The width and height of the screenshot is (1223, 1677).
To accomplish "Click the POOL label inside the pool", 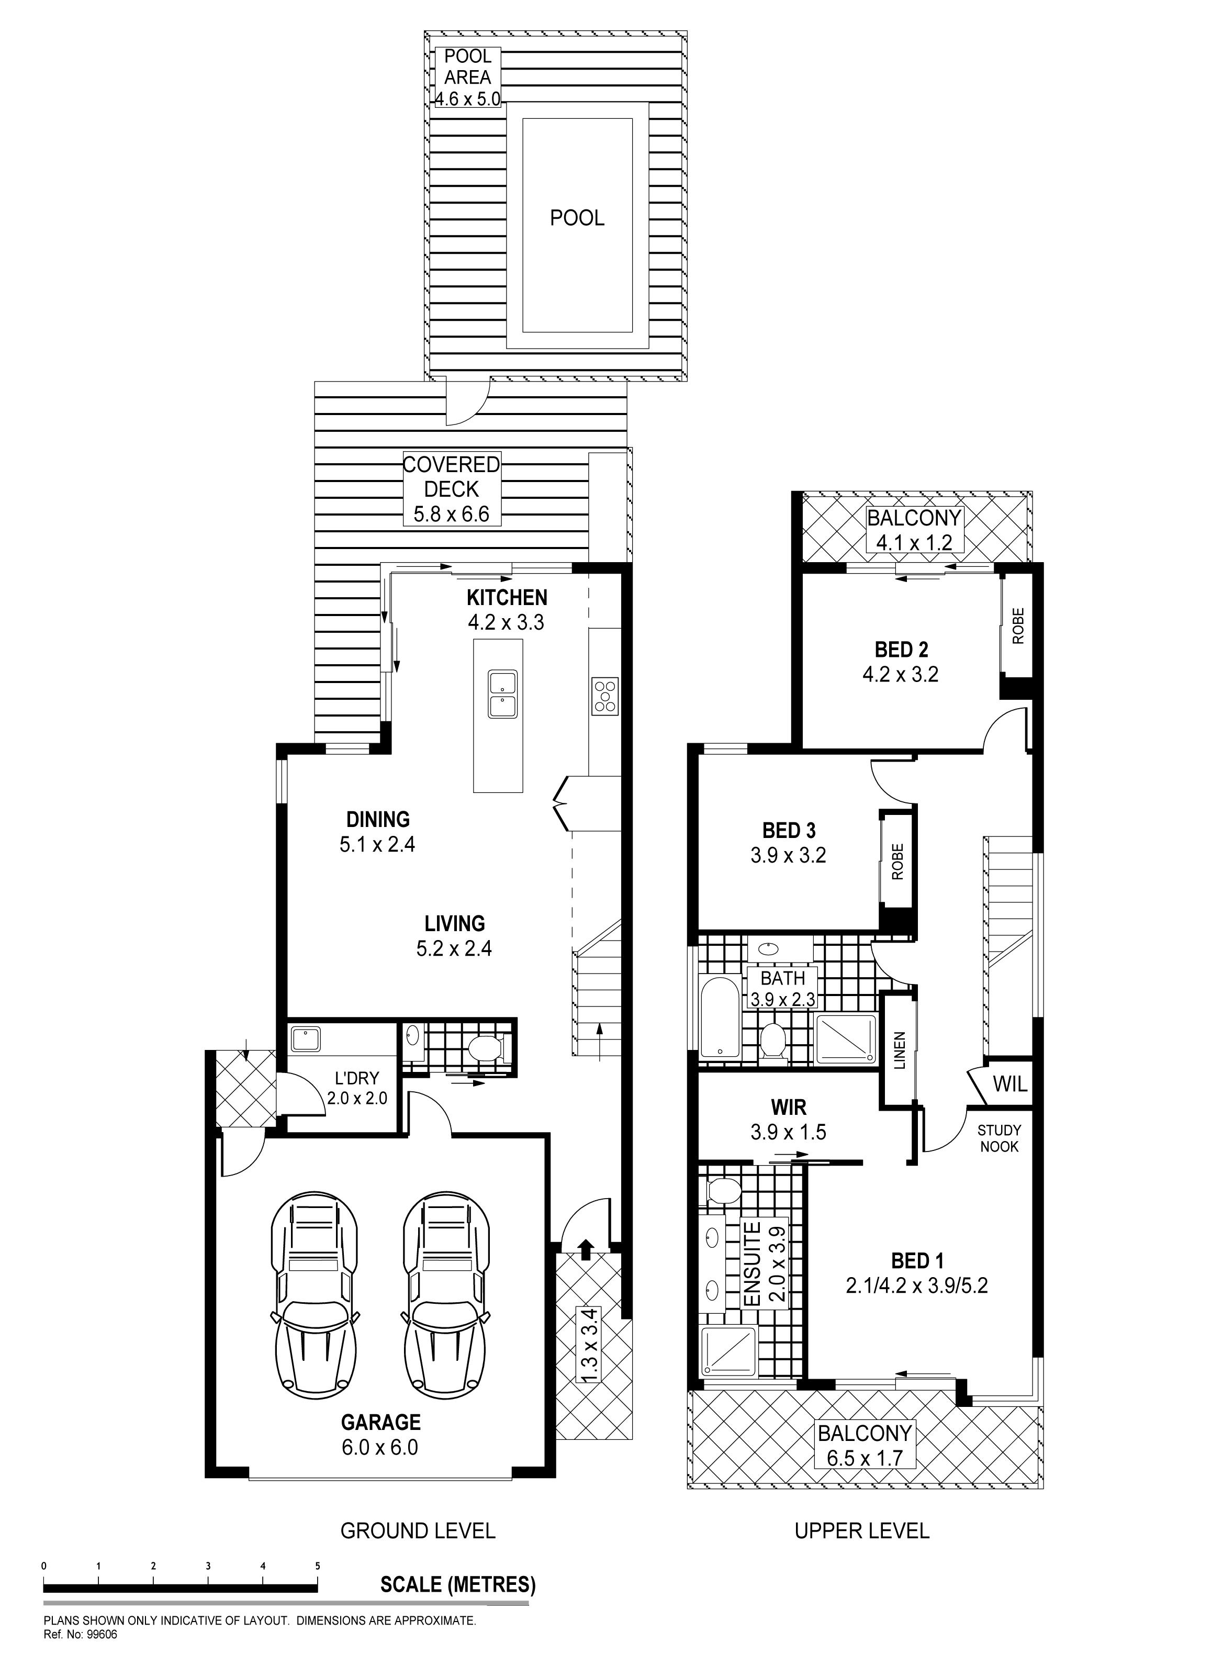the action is (577, 218).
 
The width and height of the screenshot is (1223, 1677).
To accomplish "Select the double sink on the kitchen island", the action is (503, 694).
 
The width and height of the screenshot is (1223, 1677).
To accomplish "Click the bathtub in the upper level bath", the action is (719, 1018).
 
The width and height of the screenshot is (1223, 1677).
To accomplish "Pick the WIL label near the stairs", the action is (1010, 1084).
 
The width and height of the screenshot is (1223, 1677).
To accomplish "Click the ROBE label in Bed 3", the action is (898, 862).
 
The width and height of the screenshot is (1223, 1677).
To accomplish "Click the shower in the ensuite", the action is (728, 1351).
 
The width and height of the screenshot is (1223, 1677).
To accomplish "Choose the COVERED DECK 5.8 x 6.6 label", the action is (452, 489).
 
